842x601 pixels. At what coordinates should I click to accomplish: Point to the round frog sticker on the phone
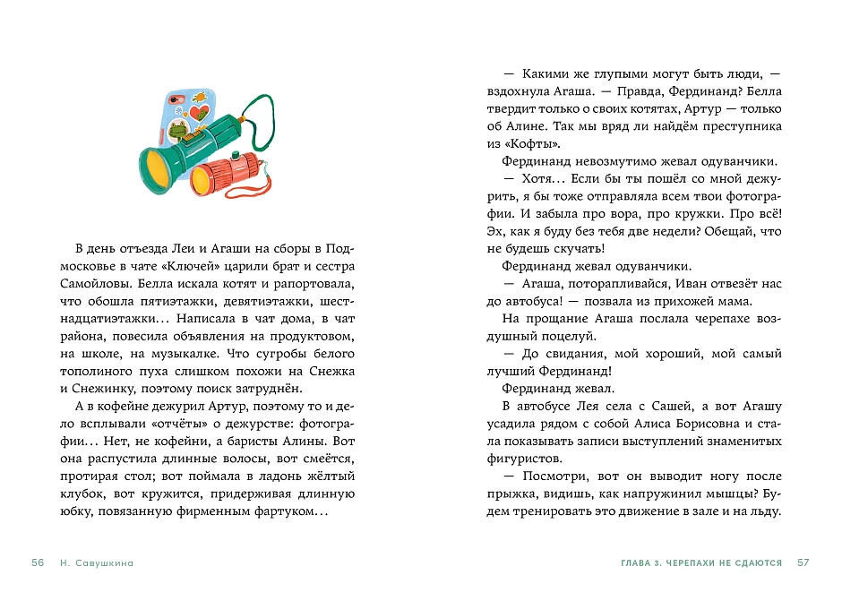[x=176, y=133]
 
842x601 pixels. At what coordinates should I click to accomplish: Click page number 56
[x=38, y=562]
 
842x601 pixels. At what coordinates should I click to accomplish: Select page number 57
[x=803, y=562]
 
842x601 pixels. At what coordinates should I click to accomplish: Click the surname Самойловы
[x=88, y=282]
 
